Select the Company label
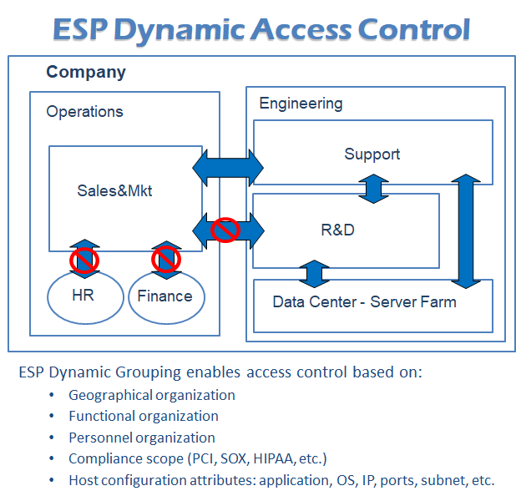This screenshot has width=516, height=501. (x=86, y=72)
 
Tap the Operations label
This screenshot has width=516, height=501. (x=84, y=111)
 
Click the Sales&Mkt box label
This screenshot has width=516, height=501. (x=114, y=191)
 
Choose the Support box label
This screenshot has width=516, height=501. (x=372, y=154)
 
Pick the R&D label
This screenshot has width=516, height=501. (x=337, y=230)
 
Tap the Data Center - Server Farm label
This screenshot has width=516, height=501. (x=364, y=301)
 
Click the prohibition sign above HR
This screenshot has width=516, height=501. (x=84, y=261)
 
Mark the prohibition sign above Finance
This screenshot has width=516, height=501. (x=165, y=261)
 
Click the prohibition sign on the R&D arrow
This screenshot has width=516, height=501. (x=225, y=228)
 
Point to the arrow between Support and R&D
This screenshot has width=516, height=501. (x=373, y=189)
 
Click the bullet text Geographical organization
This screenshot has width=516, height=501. (x=152, y=395)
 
